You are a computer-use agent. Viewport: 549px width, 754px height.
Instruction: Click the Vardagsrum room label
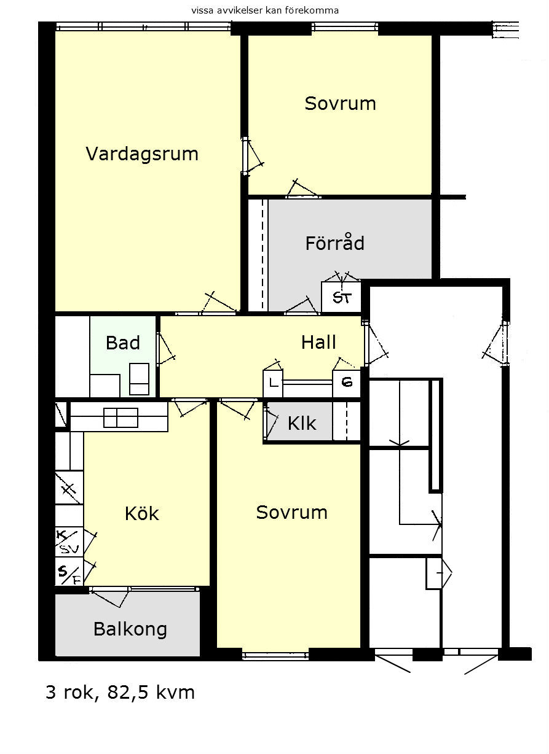142,155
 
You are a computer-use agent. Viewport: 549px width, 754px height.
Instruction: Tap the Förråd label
335,243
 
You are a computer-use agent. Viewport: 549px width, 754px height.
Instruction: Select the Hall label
318,343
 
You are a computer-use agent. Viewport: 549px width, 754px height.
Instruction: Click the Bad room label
123,343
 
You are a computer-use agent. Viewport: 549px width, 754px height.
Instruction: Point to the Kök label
142,513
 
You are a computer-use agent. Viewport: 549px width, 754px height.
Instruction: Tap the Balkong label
130,629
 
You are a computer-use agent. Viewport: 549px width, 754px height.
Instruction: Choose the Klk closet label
302,423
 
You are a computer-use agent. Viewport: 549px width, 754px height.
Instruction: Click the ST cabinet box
341,297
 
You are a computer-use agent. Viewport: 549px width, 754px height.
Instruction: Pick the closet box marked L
273,383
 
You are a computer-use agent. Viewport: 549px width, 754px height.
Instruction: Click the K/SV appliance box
69,542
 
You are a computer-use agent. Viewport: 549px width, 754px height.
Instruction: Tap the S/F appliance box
69,571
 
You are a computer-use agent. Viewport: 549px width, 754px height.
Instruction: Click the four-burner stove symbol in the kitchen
120,418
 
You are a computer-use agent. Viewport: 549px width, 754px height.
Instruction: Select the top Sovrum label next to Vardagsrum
340,103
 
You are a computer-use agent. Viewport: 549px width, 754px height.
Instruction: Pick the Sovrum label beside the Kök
291,512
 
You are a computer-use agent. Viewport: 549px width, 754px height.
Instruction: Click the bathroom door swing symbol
166,348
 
